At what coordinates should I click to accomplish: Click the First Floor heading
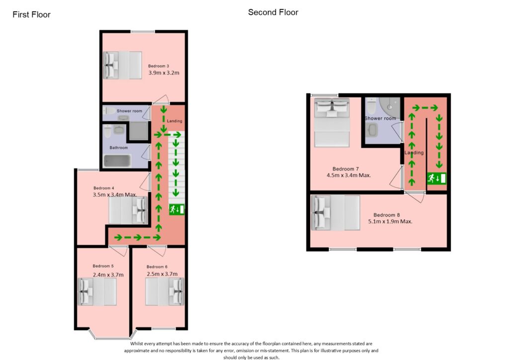pos(31,14)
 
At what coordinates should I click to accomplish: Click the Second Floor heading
pos(273,12)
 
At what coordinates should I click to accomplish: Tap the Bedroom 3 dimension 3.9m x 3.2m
pos(164,73)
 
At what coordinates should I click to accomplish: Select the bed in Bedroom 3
pos(122,65)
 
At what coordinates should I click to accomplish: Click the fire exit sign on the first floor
pos(176,209)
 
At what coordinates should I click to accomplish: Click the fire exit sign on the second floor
pos(436,178)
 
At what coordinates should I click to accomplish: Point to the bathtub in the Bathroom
pos(117,161)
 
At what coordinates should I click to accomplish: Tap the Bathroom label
pos(119,148)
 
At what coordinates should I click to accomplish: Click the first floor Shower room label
pos(129,111)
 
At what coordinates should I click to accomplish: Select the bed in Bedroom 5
pos(97,292)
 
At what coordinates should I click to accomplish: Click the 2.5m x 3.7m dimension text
pos(162,274)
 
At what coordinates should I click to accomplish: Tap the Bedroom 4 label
pos(104,188)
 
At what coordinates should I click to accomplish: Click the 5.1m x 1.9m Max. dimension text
pos(390,221)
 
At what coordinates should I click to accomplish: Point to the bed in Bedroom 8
pos(336,213)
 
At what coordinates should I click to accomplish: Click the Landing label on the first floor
pos(174,121)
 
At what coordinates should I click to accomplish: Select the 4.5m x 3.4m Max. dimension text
pos(348,175)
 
